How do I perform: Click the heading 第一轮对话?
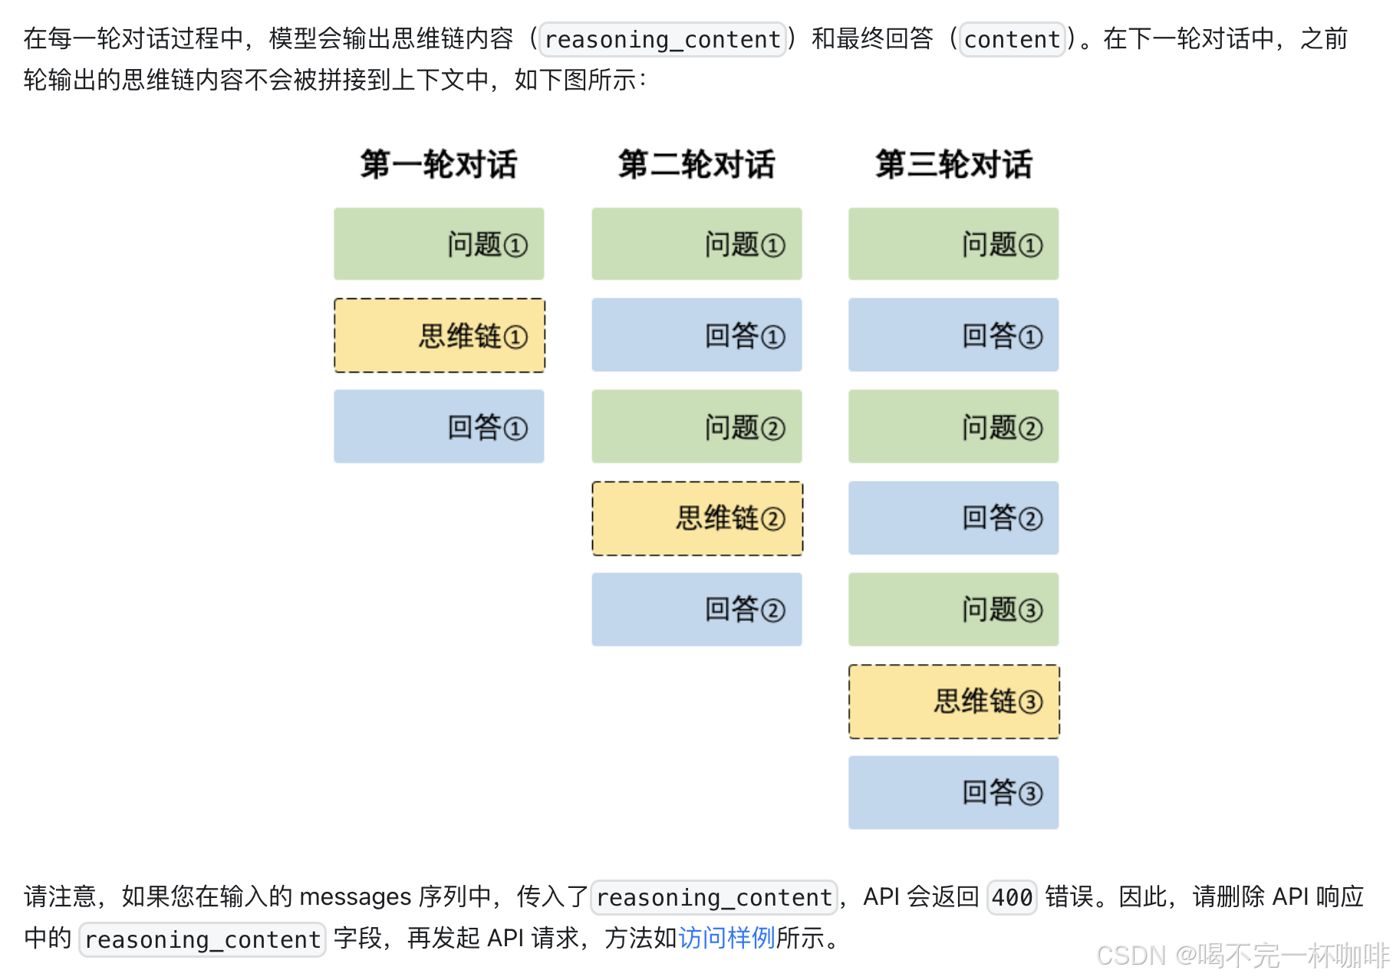click(x=439, y=164)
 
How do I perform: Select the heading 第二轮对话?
click(x=696, y=164)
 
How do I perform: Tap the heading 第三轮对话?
click(x=953, y=164)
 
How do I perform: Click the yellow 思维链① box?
click(x=440, y=336)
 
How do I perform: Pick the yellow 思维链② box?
click(x=697, y=518)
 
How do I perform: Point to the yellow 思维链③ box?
click(x=954, y=702)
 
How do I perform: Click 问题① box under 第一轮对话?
click(x=439, y=244)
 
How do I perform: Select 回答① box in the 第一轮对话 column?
click(x=439, y=426)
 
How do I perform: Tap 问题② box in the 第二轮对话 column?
click(x=696, y=426)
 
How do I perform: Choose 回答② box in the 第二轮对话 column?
click(x=696, y=610)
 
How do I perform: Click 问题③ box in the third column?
click(x=953, y=610)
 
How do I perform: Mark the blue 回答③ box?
click(x=953, y=792)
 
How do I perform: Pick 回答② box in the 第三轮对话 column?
click(x=953, y=518)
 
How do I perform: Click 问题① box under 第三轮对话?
click(x=953, y=244)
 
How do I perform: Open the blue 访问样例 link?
click(x=726, y=938)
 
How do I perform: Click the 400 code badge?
click(x=1012, y=896)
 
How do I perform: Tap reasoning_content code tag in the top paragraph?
click(x=663, y=39)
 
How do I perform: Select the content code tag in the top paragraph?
click(x=1012, y=39)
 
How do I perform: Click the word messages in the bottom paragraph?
click(x=355, y=896)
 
